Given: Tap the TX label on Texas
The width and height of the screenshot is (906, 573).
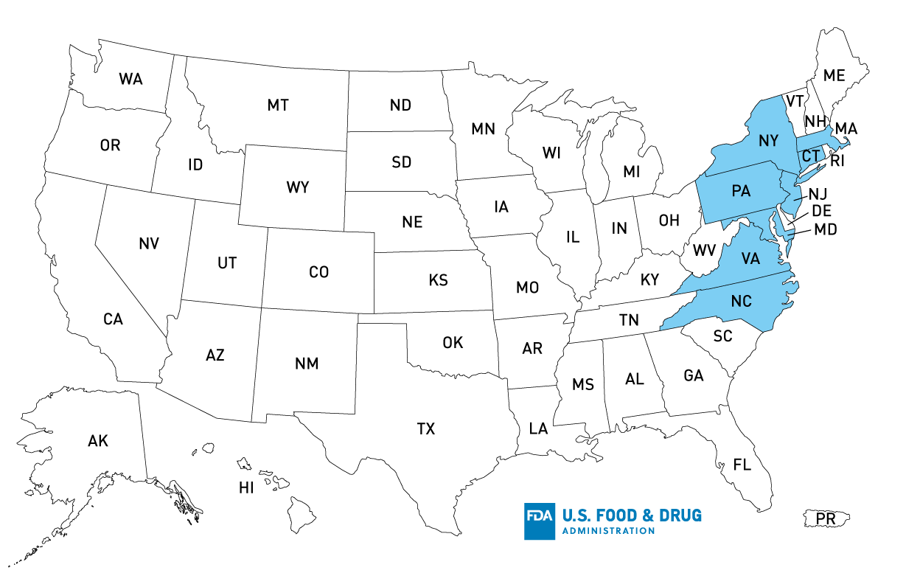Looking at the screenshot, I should click(426, 428).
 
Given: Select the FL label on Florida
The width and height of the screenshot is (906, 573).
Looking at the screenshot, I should click(742, 465).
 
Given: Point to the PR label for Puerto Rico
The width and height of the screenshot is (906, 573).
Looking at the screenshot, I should click(826, 519).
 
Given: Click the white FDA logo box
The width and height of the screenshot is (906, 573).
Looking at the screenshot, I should click(540, 521).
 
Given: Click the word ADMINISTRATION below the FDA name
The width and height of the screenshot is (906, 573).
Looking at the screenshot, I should click(607, 531).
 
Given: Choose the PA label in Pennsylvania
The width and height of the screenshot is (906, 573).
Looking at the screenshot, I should click(741, 192).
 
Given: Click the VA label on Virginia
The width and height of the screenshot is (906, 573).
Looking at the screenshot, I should click(750, 259).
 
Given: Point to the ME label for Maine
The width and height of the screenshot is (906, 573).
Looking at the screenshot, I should click(834, 75).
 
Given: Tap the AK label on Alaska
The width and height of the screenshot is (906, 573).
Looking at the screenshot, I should click(98, 441).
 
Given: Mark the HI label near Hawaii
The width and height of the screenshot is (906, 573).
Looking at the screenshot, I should click(245, 487).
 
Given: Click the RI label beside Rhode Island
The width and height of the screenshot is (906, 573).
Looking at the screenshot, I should click(837, 159).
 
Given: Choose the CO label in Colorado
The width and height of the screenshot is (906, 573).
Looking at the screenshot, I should click(318, 272).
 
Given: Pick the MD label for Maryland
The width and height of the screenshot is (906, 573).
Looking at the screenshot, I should click(826, 229).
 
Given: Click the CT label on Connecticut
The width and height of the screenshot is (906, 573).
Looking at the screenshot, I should click(810, 156).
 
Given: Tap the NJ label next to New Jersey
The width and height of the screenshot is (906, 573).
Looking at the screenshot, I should click(818, 195).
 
